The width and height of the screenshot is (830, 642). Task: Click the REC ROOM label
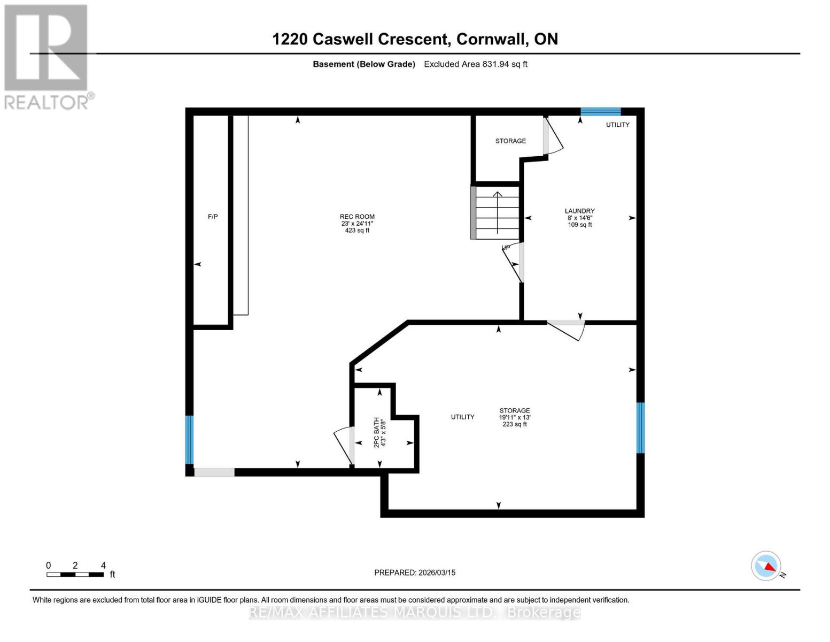point(358,217)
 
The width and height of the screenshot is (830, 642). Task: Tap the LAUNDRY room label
point(580,211)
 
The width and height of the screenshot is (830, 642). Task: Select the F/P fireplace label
point(213,217)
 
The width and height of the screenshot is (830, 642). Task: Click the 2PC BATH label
point(376,432)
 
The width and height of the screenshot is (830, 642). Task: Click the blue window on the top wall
point(601,112)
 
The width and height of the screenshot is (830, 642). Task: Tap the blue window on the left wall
point(189,440)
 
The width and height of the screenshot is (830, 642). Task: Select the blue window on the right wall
point(640,427)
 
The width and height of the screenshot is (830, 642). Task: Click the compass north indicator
point(767,566)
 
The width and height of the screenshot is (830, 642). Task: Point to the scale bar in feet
point(75,574)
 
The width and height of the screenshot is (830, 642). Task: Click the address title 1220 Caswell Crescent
point(415,39)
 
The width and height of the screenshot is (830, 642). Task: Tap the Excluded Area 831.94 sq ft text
point(476,64)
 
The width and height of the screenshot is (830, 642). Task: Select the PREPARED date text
point(415,572)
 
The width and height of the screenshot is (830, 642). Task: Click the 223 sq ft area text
point(515,424)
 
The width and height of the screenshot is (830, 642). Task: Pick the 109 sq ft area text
point(580,225)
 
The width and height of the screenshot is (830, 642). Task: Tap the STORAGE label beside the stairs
point(510,141)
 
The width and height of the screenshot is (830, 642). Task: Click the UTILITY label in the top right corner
point(617,125)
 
